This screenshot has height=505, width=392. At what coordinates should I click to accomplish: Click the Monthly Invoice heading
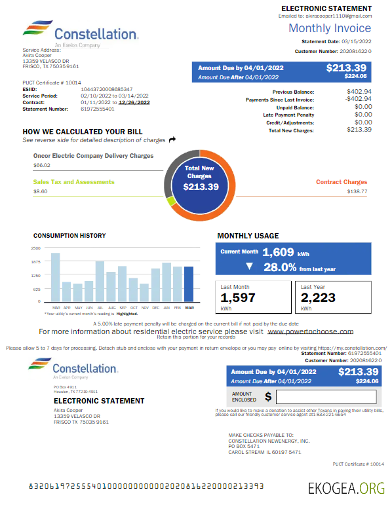[x=330, y=28]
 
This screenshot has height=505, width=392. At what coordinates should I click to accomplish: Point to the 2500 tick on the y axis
[x=35, y=248]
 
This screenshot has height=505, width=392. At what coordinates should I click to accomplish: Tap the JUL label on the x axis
[x=100, y=307]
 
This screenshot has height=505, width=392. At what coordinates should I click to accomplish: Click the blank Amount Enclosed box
[x=326, y=396]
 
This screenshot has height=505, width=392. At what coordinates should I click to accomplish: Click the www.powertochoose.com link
[x=311, y=331]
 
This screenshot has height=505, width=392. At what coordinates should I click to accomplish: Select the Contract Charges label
[x=341, y=182]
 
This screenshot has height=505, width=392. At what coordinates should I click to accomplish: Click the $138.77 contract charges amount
[x=357, y=192]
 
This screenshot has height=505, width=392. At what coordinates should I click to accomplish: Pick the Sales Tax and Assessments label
[x=73, y=181]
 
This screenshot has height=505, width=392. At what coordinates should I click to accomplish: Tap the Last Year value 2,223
[x=319, y=298]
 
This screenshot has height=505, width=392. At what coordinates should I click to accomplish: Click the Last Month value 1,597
[x=238, y=298]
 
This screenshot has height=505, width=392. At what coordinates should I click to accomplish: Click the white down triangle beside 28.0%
[x=249, y=267]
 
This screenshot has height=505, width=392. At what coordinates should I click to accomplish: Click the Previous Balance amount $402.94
[x=359, y=92]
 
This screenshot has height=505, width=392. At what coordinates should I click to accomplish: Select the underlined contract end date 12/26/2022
[x=134, y=102]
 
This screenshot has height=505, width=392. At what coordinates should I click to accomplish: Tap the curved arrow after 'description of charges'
[x=172, y=140]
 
